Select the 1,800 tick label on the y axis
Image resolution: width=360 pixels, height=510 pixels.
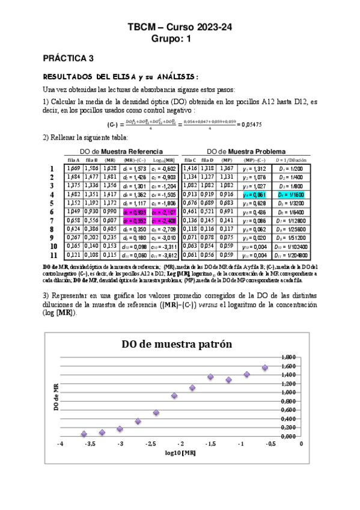click(288, 357)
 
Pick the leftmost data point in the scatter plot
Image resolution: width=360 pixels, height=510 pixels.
click(84, 434)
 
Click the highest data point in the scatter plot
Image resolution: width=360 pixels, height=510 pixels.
click(265, 367)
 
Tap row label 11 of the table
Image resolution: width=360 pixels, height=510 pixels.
click(53, 256)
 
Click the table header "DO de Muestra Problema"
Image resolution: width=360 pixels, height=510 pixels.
click(246, 151)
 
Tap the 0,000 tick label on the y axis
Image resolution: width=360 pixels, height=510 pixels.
click(288, 436)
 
